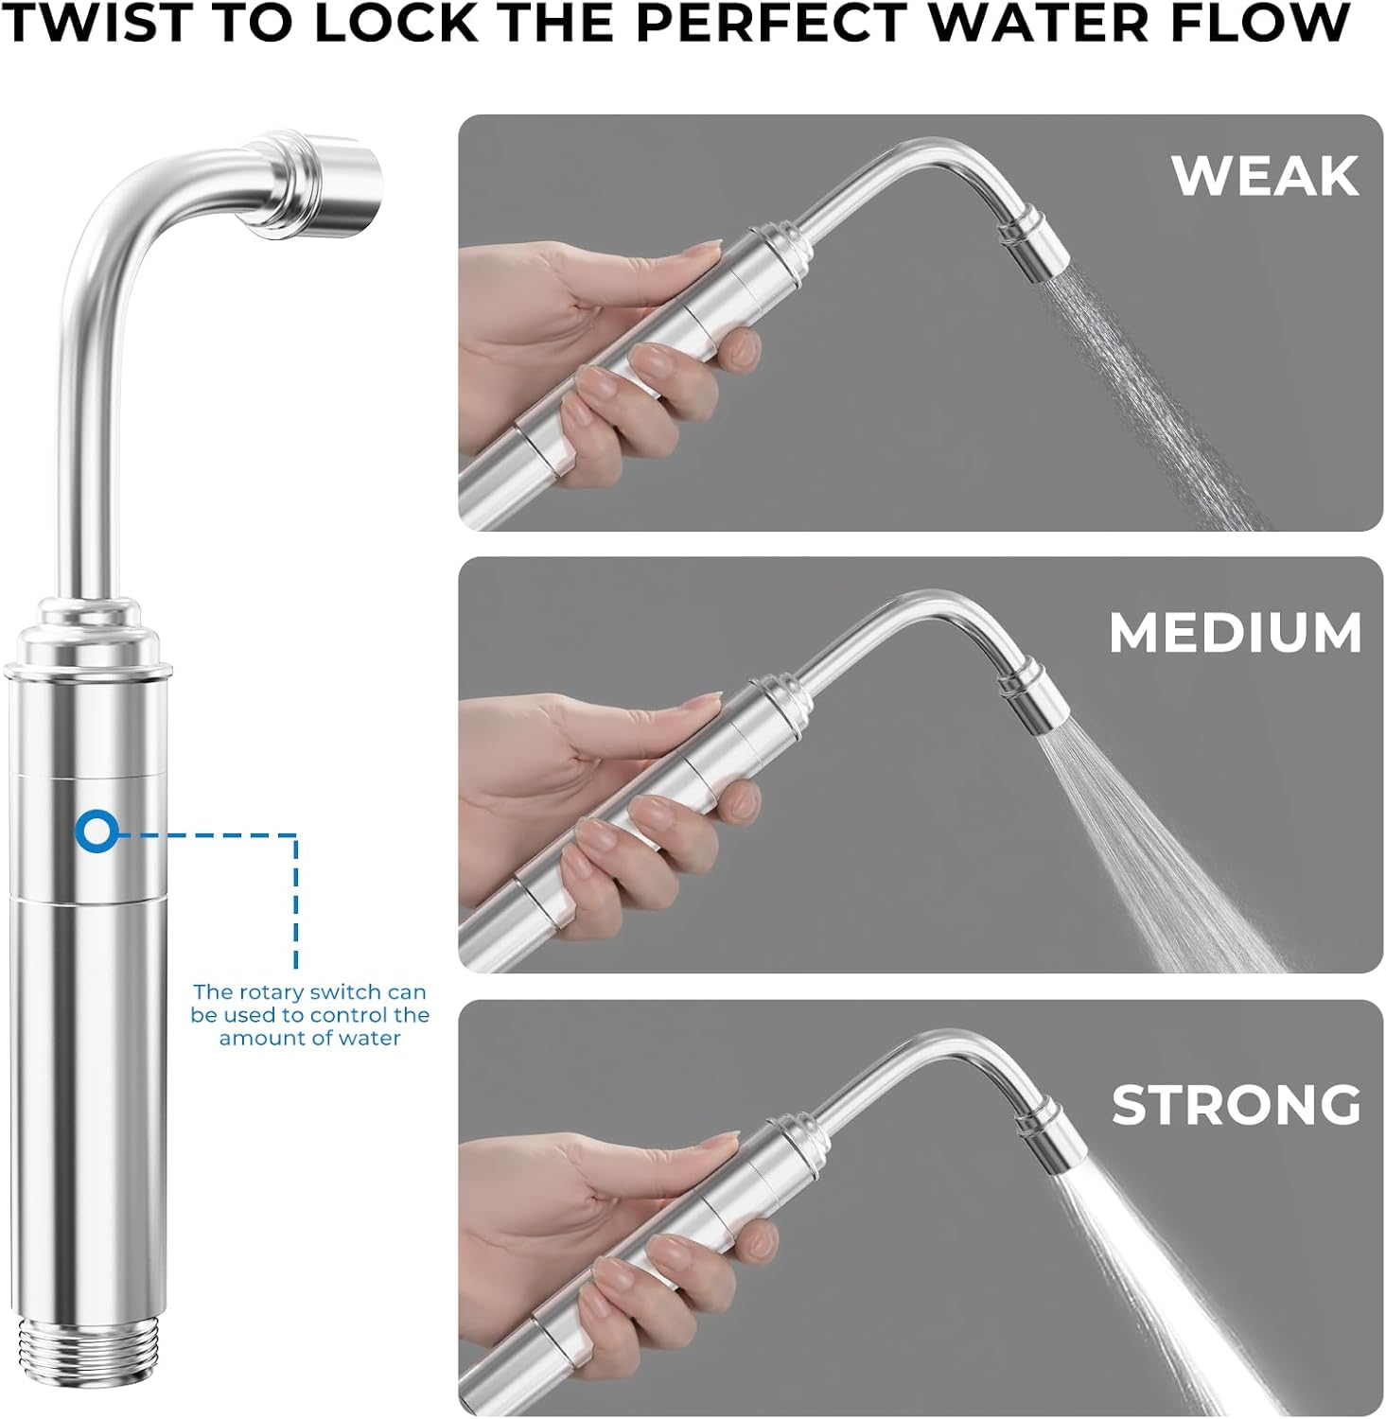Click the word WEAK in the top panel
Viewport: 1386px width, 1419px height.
1264,175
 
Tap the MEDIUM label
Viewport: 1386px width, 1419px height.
1235,633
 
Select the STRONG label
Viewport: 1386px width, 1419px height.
1236,1104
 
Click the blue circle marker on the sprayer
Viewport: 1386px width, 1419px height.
96,831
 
